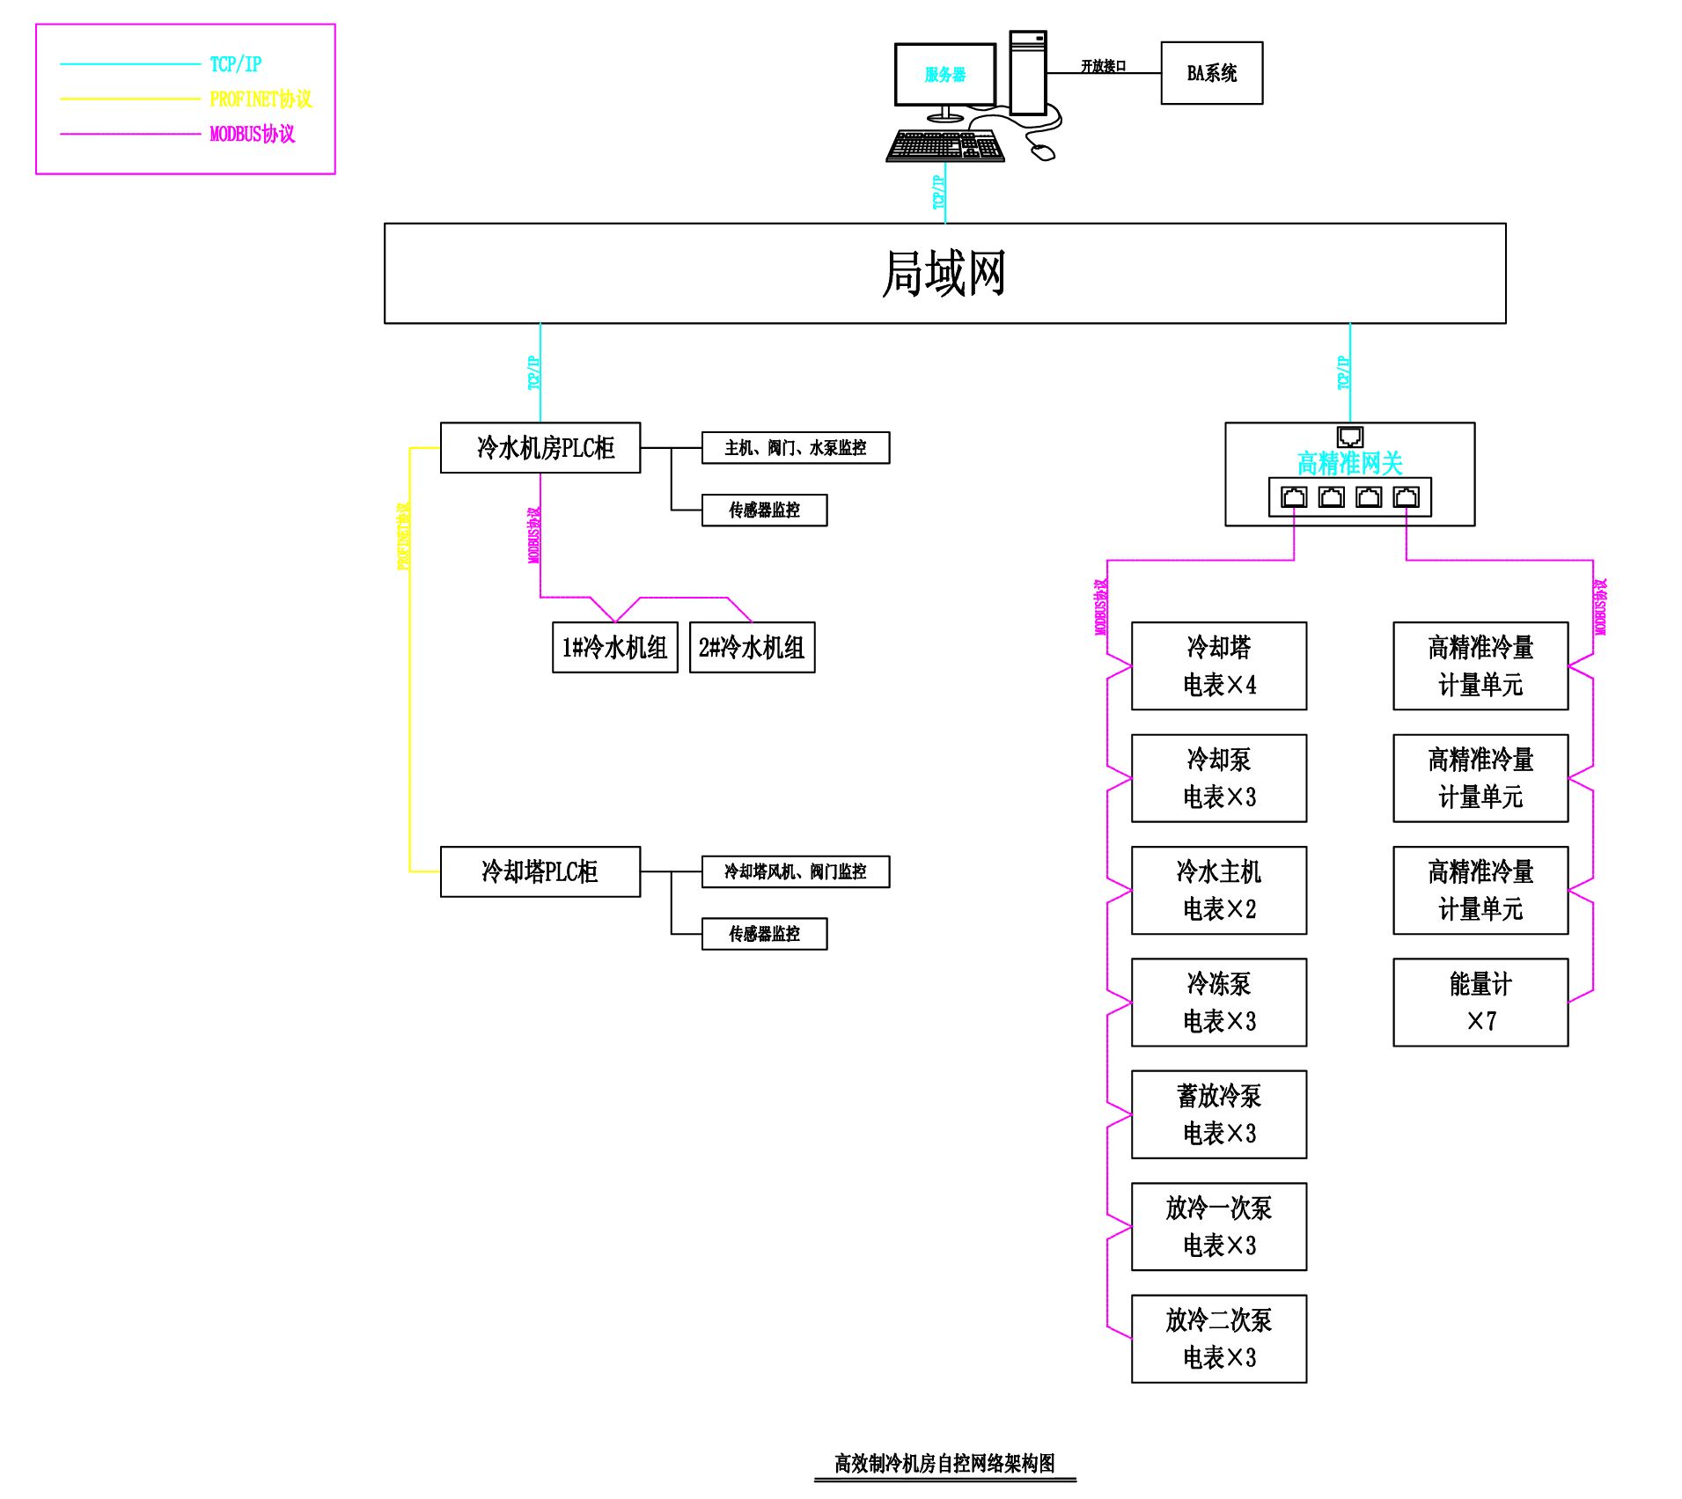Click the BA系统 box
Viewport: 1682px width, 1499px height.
tap(1211, 73)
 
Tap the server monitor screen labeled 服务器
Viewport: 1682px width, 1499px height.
tap(944, 75)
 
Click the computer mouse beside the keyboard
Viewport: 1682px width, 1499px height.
tap(1043, 152)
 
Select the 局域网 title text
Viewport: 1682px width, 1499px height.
tap(944, 273)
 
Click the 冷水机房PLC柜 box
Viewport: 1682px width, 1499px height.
tap(540, 448)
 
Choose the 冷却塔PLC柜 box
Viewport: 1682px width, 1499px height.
tap(540, 871)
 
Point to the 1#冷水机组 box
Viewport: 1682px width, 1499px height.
tap(614, 648)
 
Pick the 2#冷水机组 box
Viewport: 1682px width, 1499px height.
tap(752, 648)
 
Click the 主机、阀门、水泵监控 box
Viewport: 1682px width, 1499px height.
tap(795, 448)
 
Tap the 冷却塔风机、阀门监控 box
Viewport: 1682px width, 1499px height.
tap(795, 871)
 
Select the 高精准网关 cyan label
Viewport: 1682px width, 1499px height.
tap(1349, 463)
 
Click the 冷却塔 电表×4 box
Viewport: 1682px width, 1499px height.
tap(1218, 665)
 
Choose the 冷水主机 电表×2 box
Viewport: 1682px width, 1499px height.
tap(1218, 890)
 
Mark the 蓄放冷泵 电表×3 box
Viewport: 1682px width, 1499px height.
tap(1218, 1114)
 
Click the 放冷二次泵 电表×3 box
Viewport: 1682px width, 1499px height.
tap(1218, 1338)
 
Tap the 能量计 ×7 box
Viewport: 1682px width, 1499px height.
tap(1480, 1002)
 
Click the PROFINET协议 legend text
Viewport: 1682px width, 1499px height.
tap(261, 99)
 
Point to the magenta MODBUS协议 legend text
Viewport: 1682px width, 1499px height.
tap(252, 134)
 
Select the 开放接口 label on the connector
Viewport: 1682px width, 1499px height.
tap(1103, 66)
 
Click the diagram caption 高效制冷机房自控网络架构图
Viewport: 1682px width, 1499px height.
tap(944, 1463)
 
